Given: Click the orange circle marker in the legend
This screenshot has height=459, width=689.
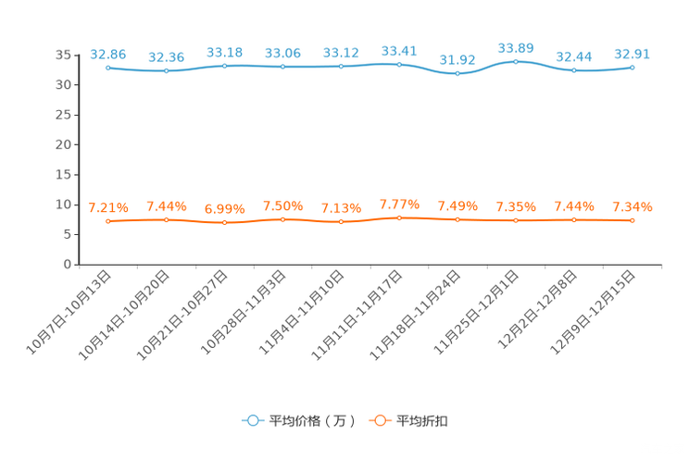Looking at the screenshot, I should click(x=379, y=420).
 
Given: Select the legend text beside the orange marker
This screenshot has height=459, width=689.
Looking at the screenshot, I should click(x=423, y=421).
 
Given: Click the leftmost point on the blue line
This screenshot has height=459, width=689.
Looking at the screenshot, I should click(x=108, y=68).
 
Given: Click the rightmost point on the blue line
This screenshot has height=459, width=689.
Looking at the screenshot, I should click(x=633, y=67).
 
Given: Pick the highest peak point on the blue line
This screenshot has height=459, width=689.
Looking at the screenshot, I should click(x=516, y=61).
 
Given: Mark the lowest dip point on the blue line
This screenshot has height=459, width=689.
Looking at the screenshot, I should click(x=457, y=74).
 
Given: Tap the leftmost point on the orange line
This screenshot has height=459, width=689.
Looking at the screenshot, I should click(x=108, y=220).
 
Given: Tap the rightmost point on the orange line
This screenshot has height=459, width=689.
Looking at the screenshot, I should click(x=633, y=220).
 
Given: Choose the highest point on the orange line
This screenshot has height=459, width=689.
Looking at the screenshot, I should click(x=399, y=217).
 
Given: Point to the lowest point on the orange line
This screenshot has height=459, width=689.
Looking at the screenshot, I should click(x=224, y=222).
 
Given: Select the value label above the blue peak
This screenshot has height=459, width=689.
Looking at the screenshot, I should click(x=516, y=47).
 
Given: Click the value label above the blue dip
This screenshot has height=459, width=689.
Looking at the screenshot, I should click(x=457, y=60).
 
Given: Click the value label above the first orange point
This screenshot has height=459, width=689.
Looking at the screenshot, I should click(x=107, y=207).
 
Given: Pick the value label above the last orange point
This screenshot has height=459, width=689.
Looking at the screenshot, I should click(x=633, y=206).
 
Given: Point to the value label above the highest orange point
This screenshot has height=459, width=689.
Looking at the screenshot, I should click(x=399, y=204).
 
